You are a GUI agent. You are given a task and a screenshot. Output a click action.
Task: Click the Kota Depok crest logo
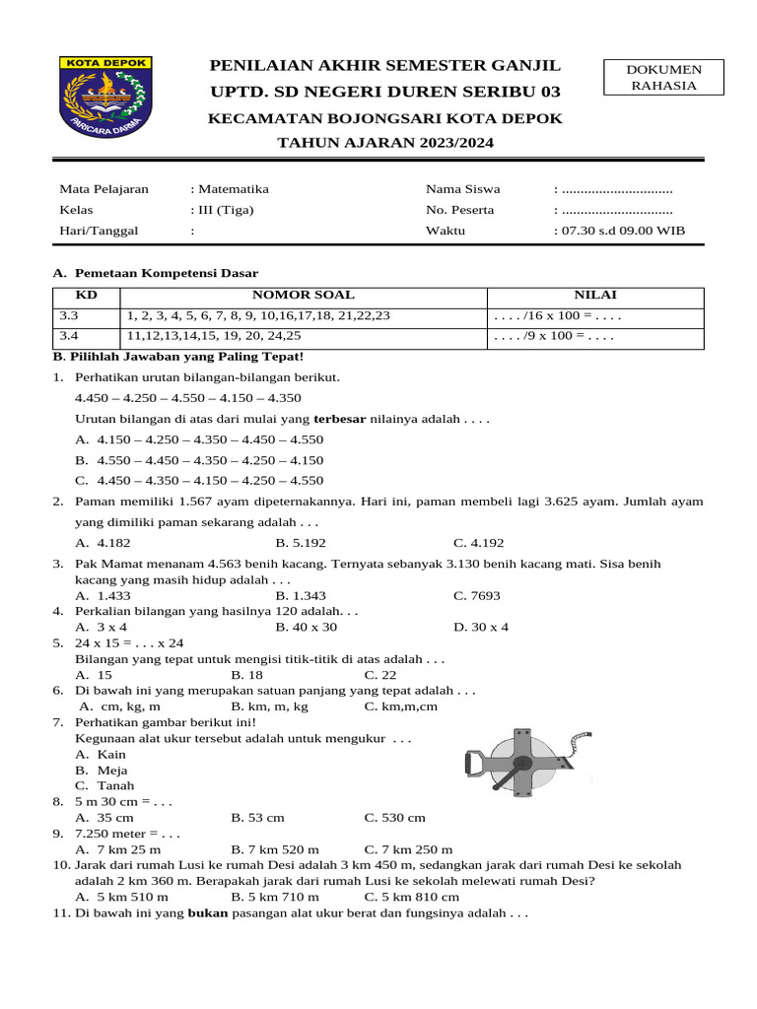[x=106, y=98]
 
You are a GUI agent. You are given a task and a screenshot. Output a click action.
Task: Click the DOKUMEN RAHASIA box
[x=663, y=77]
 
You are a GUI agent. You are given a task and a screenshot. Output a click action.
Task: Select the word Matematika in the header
[x=233, y=189]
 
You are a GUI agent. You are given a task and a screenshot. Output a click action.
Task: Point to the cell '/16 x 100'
[x=558, y=316]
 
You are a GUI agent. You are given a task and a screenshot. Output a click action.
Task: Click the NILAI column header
[x=595, y=296]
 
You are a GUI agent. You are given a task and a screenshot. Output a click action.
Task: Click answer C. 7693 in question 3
[x=477, y=595]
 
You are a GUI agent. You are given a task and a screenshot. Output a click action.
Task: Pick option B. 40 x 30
[x=307, y=627]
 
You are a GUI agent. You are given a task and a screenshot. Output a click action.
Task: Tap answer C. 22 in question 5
[x=380, y=675]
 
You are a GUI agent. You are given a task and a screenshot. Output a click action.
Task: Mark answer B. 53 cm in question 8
[x=257, y=818]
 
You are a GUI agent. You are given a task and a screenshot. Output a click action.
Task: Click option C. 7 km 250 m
[x=408, y=849]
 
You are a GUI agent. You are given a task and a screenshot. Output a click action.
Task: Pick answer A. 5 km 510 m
[x=121, y=897]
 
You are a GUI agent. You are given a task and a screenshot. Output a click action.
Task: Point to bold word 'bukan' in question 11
[x=207, y=913]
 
